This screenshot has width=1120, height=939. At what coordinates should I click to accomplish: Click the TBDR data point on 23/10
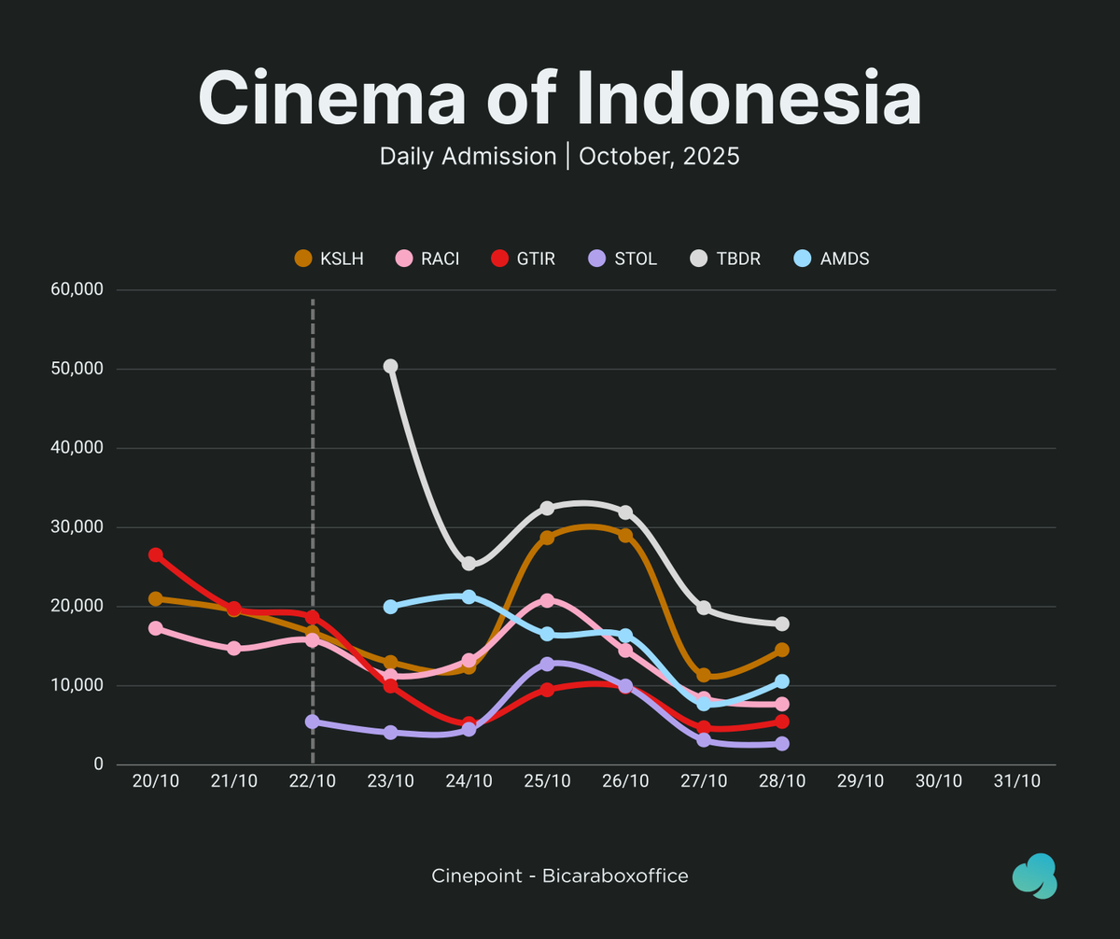(391, 367)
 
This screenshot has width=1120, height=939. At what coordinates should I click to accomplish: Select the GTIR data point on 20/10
(156, 555)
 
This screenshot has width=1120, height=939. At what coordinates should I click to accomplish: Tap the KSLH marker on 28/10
(782, 650)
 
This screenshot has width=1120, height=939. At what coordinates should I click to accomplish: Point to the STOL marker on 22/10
(313, 722)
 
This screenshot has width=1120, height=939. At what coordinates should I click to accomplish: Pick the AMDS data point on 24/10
(469, 596)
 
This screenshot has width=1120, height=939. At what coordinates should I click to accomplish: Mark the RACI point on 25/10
(548, 601)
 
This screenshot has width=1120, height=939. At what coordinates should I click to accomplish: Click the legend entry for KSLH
(329, 259)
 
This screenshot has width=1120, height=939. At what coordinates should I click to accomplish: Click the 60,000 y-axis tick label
(77, 289)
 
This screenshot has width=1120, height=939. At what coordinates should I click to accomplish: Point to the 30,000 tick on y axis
(77, 527)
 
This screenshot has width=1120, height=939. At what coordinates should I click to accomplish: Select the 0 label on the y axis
(98, 764)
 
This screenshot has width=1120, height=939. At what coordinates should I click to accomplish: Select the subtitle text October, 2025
(659, 156)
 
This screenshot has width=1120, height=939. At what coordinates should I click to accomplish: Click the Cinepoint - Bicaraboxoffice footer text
(560, 876)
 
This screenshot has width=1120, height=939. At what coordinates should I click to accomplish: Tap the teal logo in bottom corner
(1034, 876)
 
